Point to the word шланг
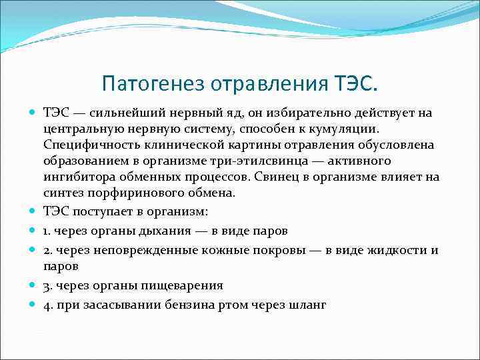[x=309, y=304]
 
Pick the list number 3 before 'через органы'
[x=47, y=285]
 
